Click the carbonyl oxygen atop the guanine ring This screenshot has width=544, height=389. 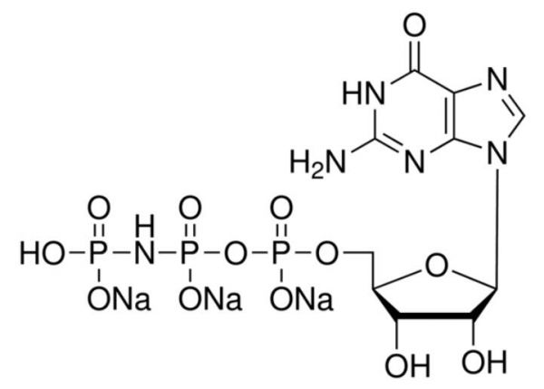tap(414, 26)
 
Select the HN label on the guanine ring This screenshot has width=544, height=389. tap(364, 93)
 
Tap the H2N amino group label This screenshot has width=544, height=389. tap(318, 162)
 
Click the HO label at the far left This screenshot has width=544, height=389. tap(43, 254)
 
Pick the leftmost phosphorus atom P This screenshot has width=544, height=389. tap(99, 254)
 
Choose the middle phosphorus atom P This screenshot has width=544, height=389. tap(189, 254)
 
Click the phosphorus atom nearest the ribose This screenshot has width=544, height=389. tap(281, 254)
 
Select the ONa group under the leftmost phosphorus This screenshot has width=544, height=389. tap(119, 299)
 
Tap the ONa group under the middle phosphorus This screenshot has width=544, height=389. tap(210, 299)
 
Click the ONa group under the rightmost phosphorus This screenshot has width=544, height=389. tap(302, 299)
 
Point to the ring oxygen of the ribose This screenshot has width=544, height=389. tap(437, 267)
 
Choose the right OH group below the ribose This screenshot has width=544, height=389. tap(484, 362)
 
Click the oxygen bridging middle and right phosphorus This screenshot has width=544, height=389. tap(236, 254)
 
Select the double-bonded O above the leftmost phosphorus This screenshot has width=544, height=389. tap(99, 209)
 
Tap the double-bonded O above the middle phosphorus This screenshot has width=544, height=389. tap(189, 209)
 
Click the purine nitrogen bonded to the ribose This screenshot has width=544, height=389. tap(497, 155)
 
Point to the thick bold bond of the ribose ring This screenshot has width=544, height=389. tap(434, 316)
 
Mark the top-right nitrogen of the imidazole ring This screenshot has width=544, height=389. tap(497, 78)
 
